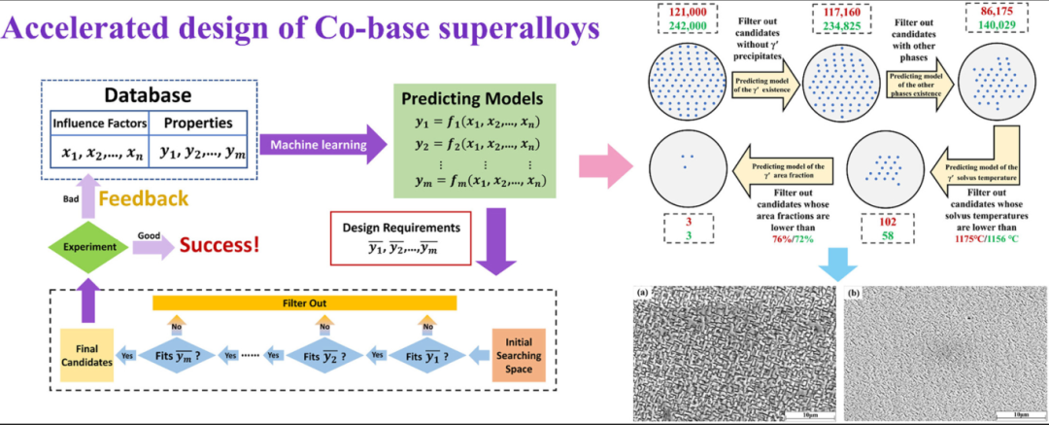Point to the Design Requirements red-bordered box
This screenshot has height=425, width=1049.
pyautogui.click(x=399, y=237)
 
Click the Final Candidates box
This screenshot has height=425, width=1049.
pyautogui.click(x=87, y=347)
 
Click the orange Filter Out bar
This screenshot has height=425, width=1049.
pyautogui.click(x=304, y=303)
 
